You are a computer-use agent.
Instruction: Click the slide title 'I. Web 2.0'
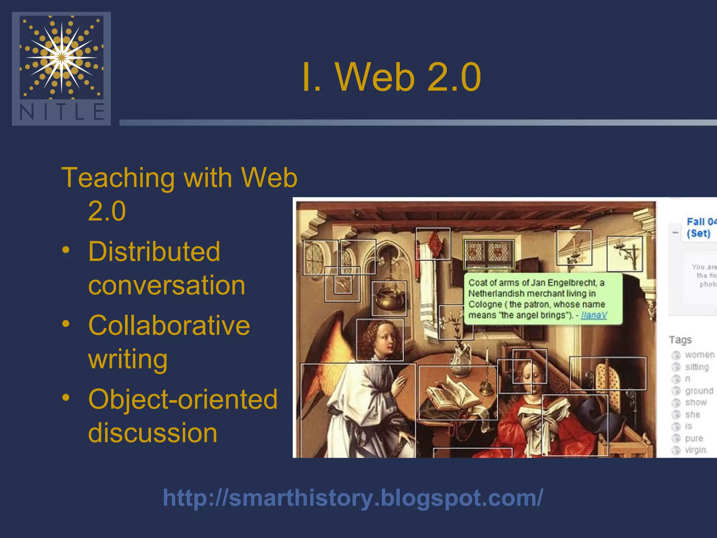[391, 77]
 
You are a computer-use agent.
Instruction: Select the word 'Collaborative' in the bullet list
[169, 325]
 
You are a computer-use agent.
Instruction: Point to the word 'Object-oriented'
[183, 399]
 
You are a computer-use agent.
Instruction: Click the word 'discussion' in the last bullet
[153, 433]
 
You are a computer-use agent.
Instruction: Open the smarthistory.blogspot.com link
[353, 498]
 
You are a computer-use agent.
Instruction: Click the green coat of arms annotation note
[543, 298]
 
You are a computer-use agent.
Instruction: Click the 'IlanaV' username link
[594, 315]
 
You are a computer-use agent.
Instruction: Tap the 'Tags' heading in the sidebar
[680, 340]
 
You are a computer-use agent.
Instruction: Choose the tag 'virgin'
[696, 450]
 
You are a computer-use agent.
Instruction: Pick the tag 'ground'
[699, 391]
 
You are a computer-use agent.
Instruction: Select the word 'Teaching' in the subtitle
[118, 178]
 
